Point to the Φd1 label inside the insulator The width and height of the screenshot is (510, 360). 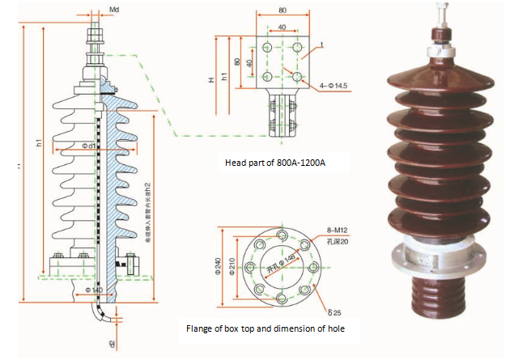(x=89, y=146)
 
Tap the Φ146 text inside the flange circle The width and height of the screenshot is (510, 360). (x=279, y=260)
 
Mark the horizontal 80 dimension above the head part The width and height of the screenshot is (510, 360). (x=282, y=11)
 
